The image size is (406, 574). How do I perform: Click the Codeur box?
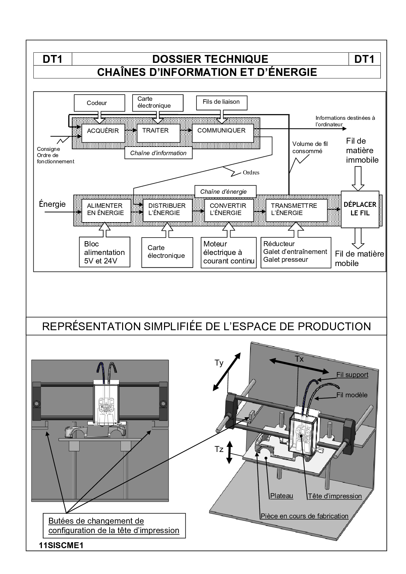click(x=100, y=103)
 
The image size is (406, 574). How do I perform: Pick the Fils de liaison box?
click(x=221, y=103)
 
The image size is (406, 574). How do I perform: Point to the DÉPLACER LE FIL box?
click(x=360, y=209)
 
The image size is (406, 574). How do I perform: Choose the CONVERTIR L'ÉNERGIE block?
click(x=229, y=209)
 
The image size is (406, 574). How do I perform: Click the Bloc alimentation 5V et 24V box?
click(x=104, y=252)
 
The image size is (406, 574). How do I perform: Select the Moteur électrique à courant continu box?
click(x=229, y=252)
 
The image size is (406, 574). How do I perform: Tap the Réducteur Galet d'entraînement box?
click(x=295, y=252)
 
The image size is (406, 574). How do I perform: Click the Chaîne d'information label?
click(x=158, y=153)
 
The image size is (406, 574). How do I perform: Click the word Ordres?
click(x=251, y=172)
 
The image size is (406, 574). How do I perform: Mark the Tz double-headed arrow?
click(x=229, y=452)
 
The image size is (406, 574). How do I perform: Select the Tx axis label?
click(x=299, y=359)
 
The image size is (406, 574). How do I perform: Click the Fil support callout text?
click(x=352, y=375)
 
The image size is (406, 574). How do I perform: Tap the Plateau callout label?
click(x=282, y=496)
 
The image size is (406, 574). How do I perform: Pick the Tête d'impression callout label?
click(x=335, y=496)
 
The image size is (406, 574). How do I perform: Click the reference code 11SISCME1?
click(x=61, y=546)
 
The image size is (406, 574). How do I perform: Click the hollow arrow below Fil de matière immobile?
click(x=358, y=178)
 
